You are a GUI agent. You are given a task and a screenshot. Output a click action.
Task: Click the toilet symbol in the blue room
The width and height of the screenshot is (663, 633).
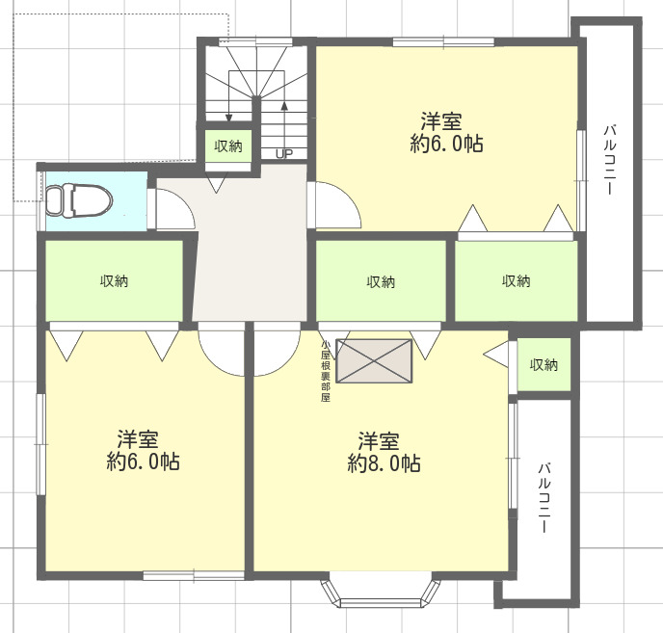coord(79,200)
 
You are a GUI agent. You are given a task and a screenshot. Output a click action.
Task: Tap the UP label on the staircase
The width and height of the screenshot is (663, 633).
coord(284,153)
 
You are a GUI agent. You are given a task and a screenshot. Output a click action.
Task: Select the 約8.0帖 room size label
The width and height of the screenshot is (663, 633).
coord(384,463)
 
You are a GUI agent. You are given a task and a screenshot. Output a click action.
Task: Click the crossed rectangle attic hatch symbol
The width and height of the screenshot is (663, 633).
coord(374,361)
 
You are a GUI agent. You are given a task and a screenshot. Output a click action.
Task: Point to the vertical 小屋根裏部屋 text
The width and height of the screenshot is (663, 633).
coord(325,371)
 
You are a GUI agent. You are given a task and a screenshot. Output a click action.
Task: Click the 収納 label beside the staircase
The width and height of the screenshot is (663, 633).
coord(228,146)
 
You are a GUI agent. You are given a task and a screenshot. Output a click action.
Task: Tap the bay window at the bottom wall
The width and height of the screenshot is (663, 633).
coord(381,590)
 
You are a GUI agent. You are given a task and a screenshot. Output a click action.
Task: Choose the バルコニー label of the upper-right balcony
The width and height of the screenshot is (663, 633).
coord(609,159)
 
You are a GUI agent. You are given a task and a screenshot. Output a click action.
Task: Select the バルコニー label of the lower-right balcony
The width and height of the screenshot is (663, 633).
coord(544,497)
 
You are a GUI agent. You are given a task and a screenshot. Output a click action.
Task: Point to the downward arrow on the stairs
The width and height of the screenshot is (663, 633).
coord(229,96)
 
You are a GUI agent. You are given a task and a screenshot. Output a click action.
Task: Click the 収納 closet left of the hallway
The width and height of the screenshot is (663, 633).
coord(114,280)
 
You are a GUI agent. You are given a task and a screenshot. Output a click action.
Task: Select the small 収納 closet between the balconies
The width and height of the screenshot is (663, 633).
coord(544,364)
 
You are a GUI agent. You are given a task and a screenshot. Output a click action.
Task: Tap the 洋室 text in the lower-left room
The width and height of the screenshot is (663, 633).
coord(138,439)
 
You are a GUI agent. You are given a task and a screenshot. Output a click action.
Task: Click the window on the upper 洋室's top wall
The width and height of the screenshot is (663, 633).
coord(443,41)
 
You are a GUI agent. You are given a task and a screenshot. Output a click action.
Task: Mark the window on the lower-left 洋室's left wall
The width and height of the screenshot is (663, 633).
coord(41,444)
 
